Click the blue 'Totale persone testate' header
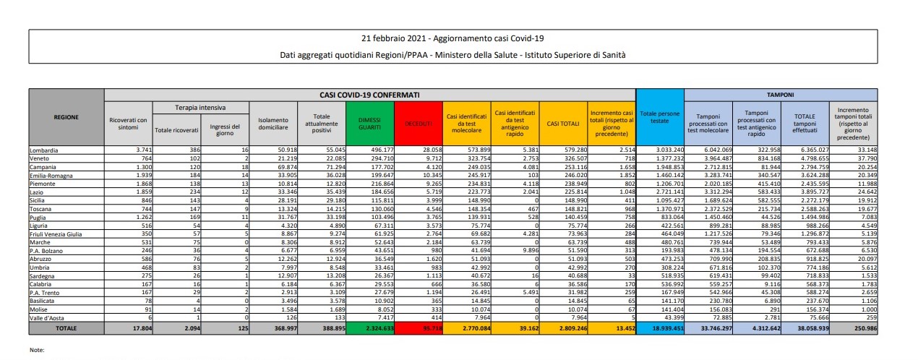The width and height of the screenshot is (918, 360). coord(659,119)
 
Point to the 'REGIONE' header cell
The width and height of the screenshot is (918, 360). coord(67,116)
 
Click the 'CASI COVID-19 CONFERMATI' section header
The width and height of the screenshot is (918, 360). coord(369,94)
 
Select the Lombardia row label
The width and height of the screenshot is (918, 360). coord(44,150)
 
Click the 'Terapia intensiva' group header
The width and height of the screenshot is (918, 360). coord(179,107)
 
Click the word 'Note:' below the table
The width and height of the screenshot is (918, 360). coord(38,349)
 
